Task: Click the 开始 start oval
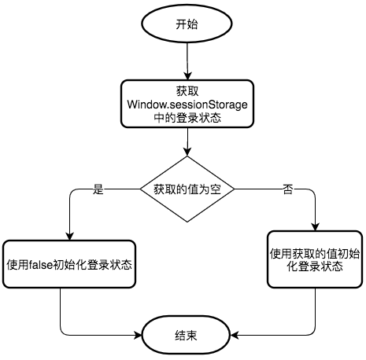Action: tap(187, 24)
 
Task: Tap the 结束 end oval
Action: tap(186, 335)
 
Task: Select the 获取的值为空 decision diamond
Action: tap(187, 189)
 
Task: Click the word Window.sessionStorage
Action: tap(187, 105)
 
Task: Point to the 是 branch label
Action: tap(98, 189)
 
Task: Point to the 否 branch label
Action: tap(288, 189)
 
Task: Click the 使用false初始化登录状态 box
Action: tap(69, 264)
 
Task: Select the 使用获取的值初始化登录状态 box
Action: tap(315, 259)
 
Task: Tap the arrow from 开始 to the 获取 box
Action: tap(187, 61)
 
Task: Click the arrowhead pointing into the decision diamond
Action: tap(187, 152)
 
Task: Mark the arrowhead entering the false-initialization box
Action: tap(69, 236)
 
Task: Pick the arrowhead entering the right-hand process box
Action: tap(315, 227)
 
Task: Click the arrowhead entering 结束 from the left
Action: tap(138, 335)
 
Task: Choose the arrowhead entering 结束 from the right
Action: tap(235, 335)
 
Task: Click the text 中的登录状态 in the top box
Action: tap(187, 118)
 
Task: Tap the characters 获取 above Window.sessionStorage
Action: tap(187, 91)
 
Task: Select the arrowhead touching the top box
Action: tap(187, 75)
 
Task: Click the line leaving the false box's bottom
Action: tap(79, 330)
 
